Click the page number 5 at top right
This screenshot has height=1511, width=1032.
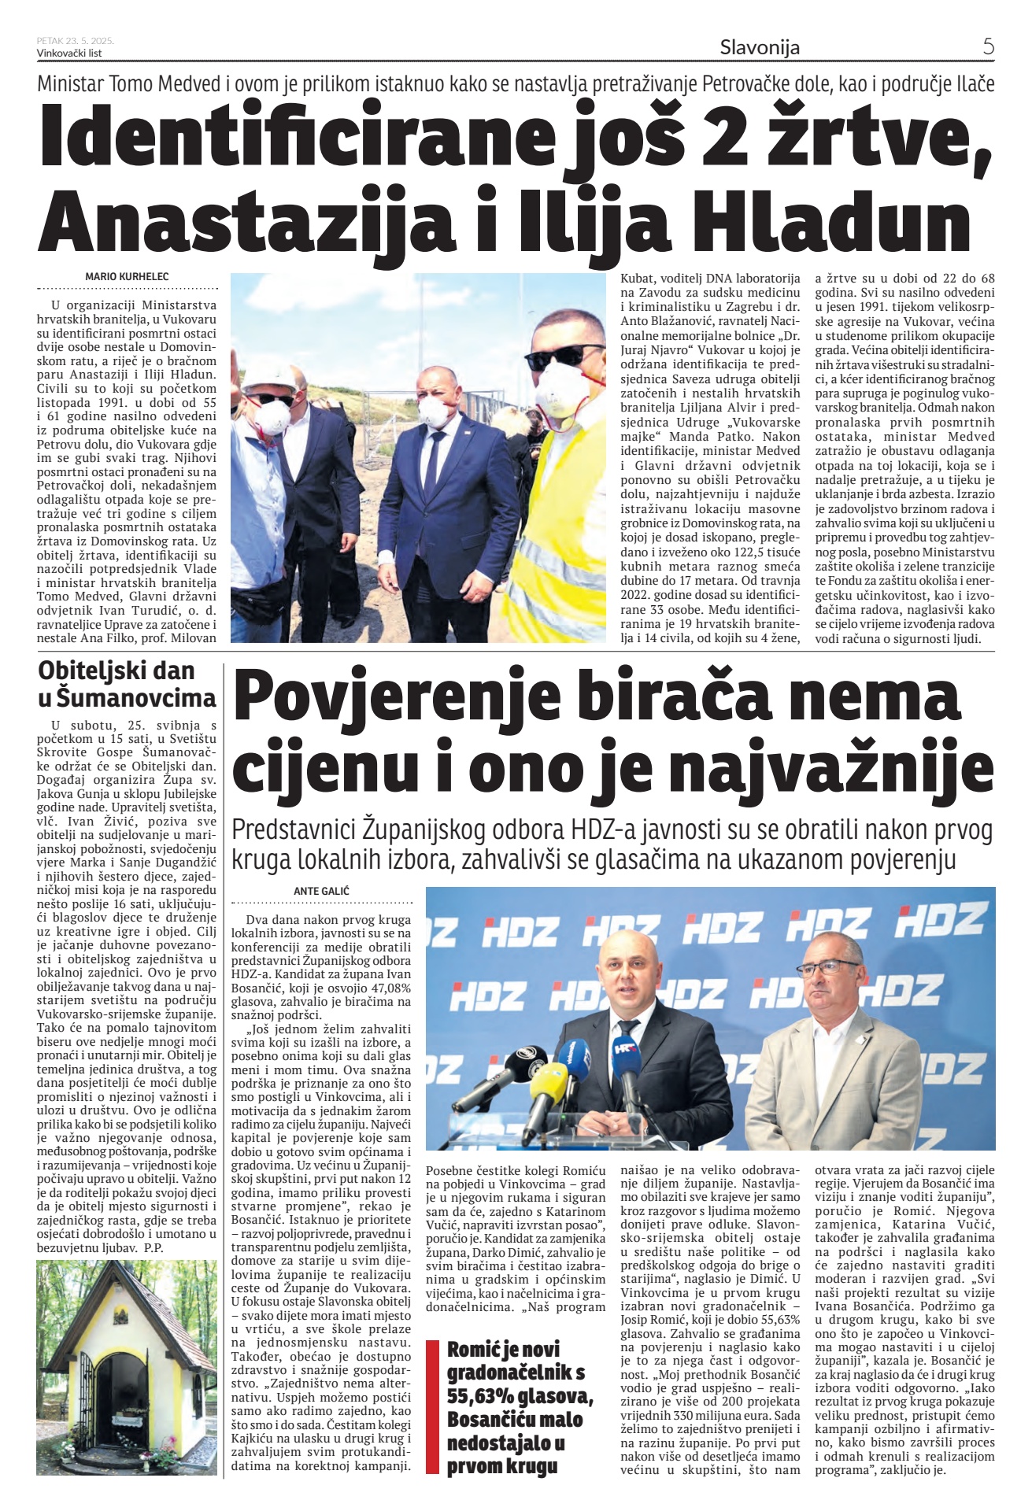click(988, 46)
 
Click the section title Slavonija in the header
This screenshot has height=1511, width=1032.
click(760, 47)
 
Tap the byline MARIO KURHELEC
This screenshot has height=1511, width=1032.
click(127, 276)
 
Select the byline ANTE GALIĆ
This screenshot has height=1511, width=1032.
click(321, 891)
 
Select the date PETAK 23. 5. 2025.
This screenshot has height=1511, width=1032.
click(76, 41)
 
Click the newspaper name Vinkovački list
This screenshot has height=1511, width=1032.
click(69, 53)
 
